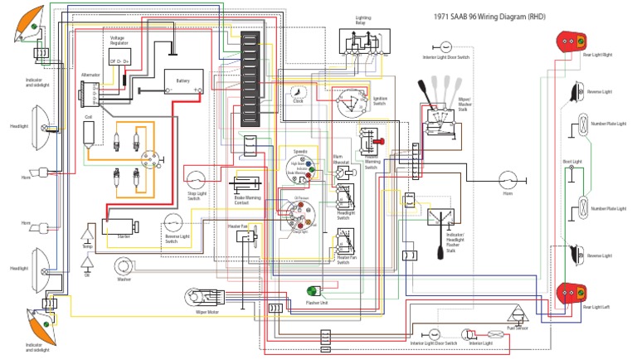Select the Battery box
[x=182, y=83]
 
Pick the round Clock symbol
[x=299, y=93]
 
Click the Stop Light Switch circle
[x=196, y=180]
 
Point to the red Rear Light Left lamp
[x=569, y=293]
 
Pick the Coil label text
[x=88, y=118]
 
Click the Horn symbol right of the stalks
[x=508, y=180]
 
